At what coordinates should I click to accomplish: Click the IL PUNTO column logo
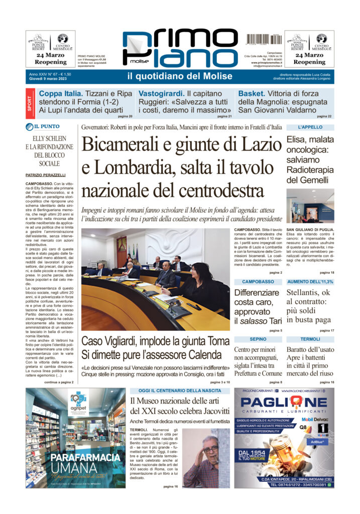43,127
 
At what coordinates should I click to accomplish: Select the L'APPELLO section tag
310,127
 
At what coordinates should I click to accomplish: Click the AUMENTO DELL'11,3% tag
310,282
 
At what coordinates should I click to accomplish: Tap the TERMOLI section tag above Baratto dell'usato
310,339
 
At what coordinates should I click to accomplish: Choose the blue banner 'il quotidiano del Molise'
180,76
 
